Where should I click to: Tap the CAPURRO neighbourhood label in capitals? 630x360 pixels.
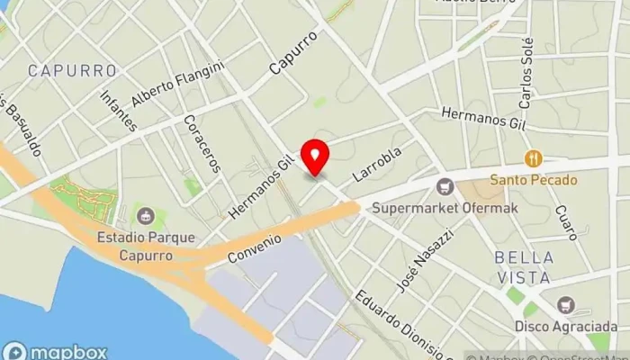click(x=72, y=70)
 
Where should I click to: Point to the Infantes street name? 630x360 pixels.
click(x=119, y=110)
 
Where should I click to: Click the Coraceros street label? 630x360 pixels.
click(x=201, y=143)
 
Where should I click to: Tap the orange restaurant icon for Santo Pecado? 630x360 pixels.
click(x=534, y=159)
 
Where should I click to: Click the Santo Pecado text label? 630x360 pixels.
click(x=534, y=179)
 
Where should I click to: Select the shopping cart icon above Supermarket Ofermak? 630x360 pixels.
click(x=443, y=187)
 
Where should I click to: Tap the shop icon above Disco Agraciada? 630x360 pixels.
click(x=565, y=305)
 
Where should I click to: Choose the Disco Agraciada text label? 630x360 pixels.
click(x=566, y=326)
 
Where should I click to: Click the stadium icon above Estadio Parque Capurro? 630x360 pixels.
click(x=145, y=217)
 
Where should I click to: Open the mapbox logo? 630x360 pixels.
click(x=56, y=351)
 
